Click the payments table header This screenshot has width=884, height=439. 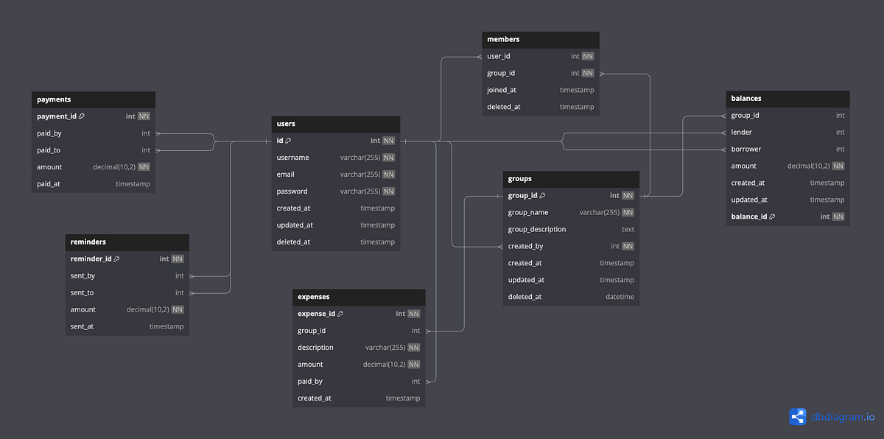(54, 99)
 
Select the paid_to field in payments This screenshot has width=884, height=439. (49, 150)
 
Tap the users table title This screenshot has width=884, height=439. (286, 124)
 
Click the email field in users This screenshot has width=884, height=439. (285, 175)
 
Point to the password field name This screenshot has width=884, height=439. (292, 192)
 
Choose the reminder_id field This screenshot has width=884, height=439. (91, 259)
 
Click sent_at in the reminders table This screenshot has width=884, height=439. (82, 326)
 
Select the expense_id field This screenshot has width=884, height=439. (316, 314)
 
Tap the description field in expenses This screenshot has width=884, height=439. (315, 348)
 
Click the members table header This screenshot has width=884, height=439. (503, 39)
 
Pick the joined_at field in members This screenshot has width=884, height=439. (502, 90)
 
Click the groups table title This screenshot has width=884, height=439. (519, 178)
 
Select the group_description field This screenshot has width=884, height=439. (537, 229)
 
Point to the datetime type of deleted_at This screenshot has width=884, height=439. (620, 297)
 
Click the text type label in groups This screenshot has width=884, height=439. (628, 229)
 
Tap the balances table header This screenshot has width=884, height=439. (746, 98)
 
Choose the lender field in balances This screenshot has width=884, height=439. (741, 133)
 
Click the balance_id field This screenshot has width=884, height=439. (749, 217)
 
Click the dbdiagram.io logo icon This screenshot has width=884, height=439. (798, 417)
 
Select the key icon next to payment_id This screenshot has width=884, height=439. (82, 116)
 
